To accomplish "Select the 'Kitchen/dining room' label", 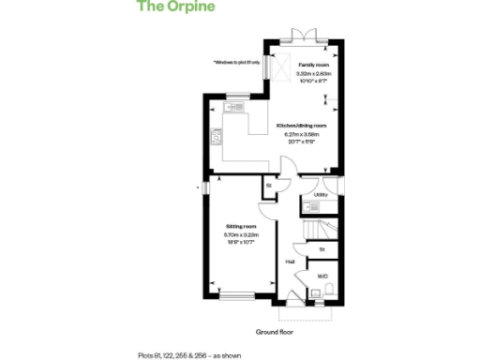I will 301,126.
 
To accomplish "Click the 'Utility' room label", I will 320,195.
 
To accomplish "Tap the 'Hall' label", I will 291,262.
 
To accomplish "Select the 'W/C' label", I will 322,277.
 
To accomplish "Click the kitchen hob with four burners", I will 217,139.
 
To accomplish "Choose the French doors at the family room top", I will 301,36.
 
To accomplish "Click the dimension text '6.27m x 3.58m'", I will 301,134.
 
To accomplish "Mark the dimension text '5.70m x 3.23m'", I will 240,234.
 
